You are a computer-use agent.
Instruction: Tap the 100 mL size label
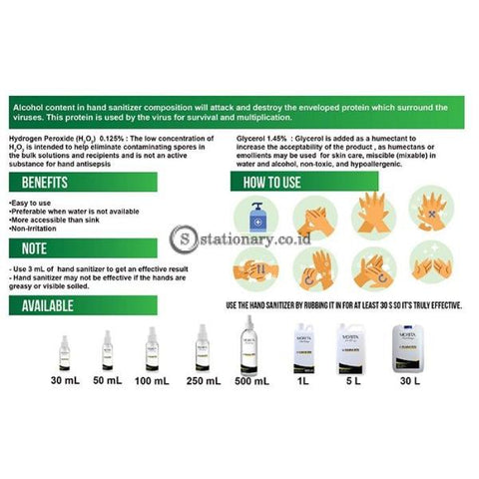[153, 379]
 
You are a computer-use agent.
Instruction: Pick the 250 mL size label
[203, 379]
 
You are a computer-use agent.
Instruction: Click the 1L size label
[302, 379]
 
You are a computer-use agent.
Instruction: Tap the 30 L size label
[409, 379]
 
